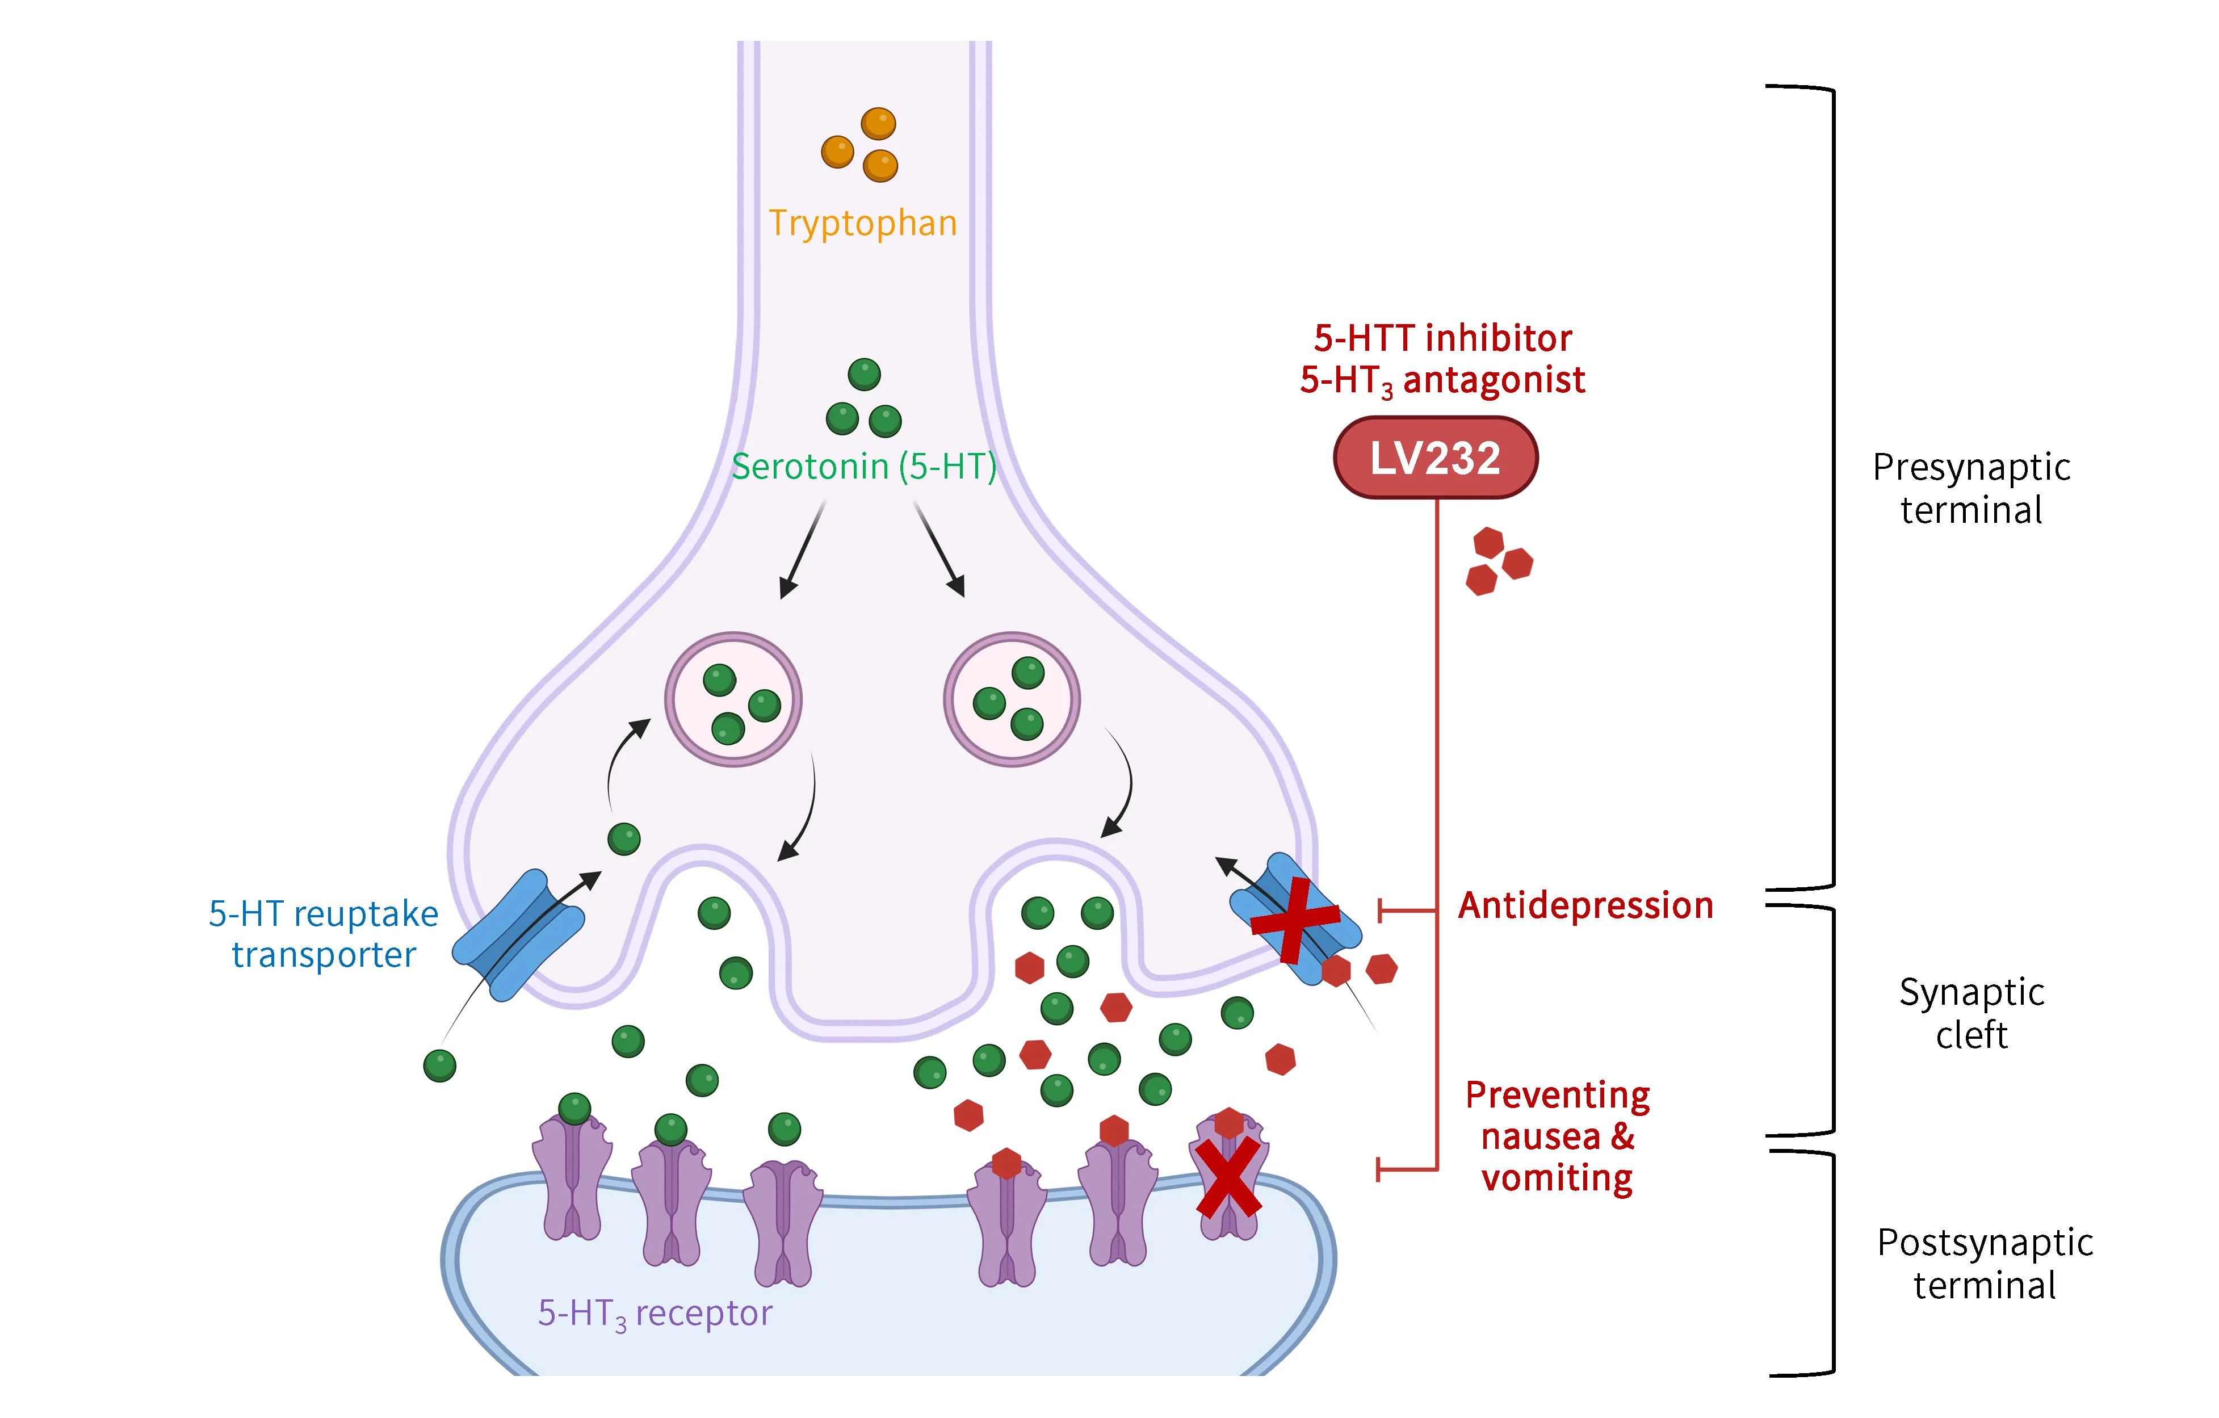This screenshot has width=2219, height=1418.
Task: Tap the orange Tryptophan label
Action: click(862, 224)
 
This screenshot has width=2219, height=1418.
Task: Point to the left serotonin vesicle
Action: click(733, 699)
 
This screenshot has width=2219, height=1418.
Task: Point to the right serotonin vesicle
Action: click(1012, 699)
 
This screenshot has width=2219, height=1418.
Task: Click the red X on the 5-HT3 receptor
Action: click(1228, 1177)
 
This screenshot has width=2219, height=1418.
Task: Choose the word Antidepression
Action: click(1585, 906)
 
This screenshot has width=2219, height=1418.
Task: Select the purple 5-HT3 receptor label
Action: click(655, 1313)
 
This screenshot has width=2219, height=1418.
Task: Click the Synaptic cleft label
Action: click(1971, 1013)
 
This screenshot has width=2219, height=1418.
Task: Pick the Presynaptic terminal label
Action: click(1971, 488)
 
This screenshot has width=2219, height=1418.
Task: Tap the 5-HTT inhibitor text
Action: click(1442, 339)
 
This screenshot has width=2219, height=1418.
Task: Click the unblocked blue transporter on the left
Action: click(518, 935)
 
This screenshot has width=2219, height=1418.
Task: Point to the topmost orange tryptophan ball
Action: click(878, 123)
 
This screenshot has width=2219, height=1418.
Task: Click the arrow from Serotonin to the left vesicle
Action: click(802, 550)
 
